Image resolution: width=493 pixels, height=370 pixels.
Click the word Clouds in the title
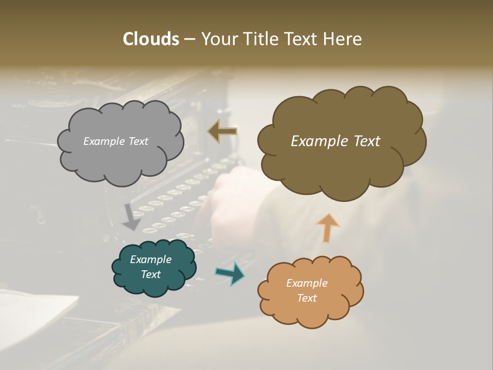pyautogui.click(x=150, y=39)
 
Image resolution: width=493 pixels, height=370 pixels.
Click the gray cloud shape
pyautogui.click(x=120, y=159)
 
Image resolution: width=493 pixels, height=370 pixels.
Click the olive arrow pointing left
pyautogui.click(x=223, y=132)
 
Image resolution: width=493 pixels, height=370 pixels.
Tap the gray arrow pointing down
pyautogui.click(x=131, y=217)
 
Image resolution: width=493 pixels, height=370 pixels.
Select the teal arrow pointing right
pyautogui.click(x=230, y=273)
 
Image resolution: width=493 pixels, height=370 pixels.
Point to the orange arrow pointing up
pyautogui.click(x=327, y=228)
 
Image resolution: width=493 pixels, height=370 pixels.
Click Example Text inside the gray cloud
pyautogui.click(x=116, y=141)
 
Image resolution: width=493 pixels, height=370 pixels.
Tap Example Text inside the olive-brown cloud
pyautogui.click(x=335, y=141)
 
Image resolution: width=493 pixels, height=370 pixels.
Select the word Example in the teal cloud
pyautogui.click(x=150, y=260)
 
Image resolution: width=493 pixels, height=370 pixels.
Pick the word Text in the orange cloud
pyautogui.click(x=307, y=298)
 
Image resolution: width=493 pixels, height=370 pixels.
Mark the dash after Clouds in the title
pyautogui.click(x=188, y=39)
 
